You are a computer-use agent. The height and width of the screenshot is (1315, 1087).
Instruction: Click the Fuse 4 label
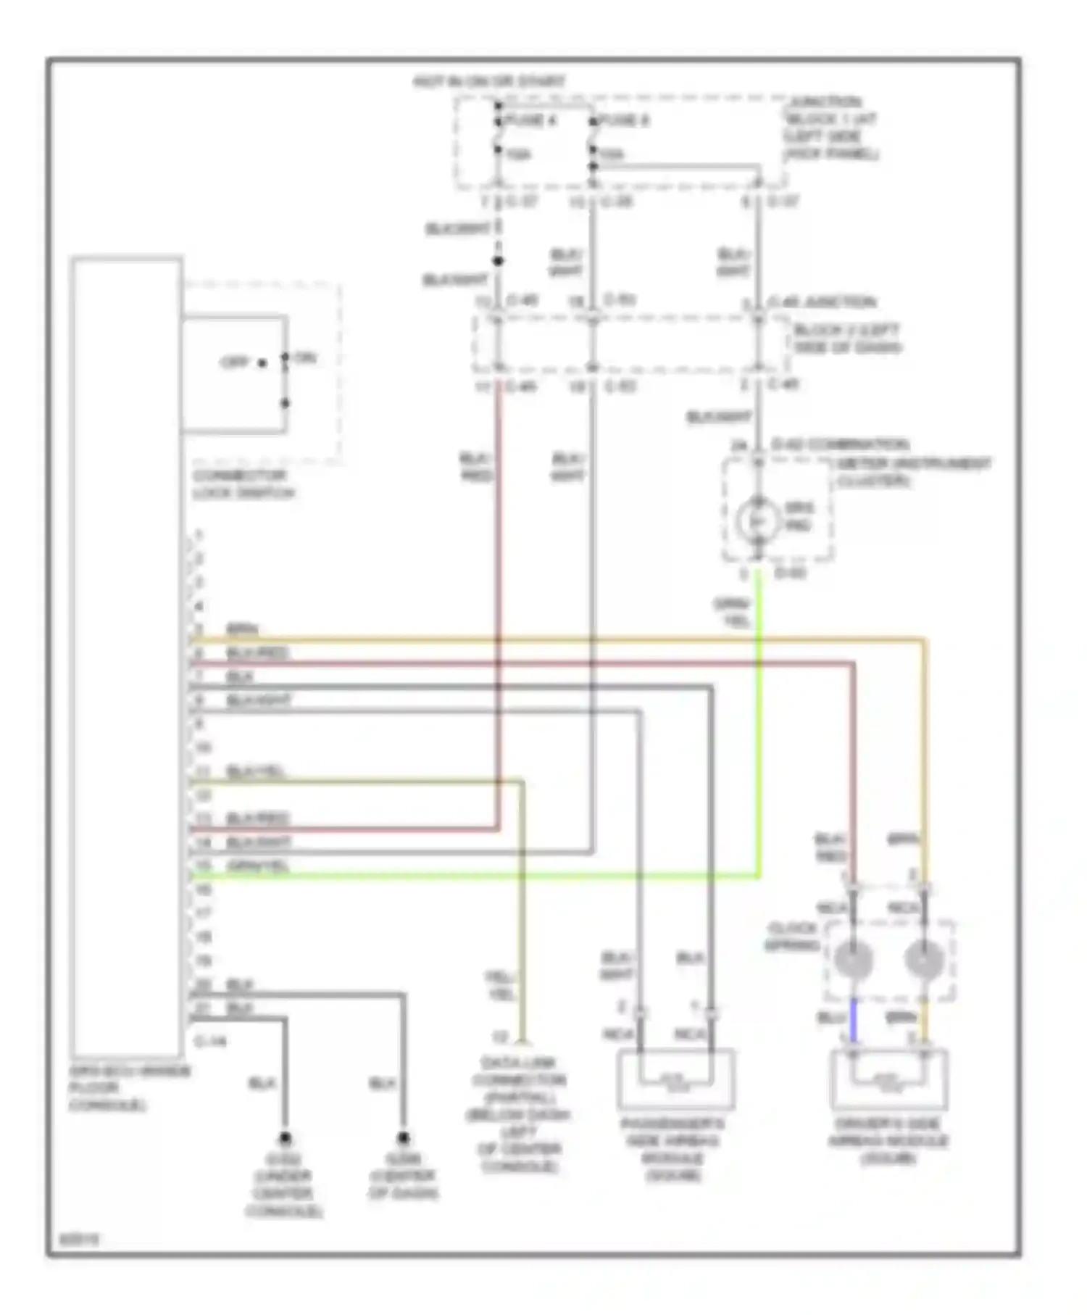tap(530, 120)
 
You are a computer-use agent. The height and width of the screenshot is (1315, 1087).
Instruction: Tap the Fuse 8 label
tap(624, 120)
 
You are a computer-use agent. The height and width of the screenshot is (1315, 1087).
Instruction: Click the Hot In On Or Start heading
tap(488, 82)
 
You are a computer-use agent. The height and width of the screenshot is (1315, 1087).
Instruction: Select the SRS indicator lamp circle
tap(758, 519)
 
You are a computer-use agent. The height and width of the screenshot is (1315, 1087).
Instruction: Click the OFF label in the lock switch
tap(235, 362)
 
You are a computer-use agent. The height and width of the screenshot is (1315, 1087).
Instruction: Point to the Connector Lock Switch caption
tap(243, 484)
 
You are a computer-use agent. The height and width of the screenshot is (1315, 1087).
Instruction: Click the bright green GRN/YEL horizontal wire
tap(471, 876)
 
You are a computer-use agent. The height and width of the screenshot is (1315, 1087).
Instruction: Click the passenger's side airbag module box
tap(675, 1079)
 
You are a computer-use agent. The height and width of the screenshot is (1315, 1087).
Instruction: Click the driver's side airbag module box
tap(888, 1079)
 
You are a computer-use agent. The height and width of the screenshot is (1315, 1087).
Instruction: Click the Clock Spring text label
tap(792, 937)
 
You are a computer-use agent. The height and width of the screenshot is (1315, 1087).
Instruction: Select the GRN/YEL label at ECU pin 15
tap(258, 866)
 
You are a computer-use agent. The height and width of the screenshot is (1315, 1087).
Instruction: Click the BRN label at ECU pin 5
tap(242, 629)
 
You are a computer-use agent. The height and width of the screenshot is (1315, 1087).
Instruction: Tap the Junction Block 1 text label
tap(831, 128)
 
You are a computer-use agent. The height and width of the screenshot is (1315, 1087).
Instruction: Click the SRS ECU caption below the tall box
tap(129, 1087)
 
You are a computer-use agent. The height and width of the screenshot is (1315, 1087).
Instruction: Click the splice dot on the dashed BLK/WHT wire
tap(498, 261)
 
